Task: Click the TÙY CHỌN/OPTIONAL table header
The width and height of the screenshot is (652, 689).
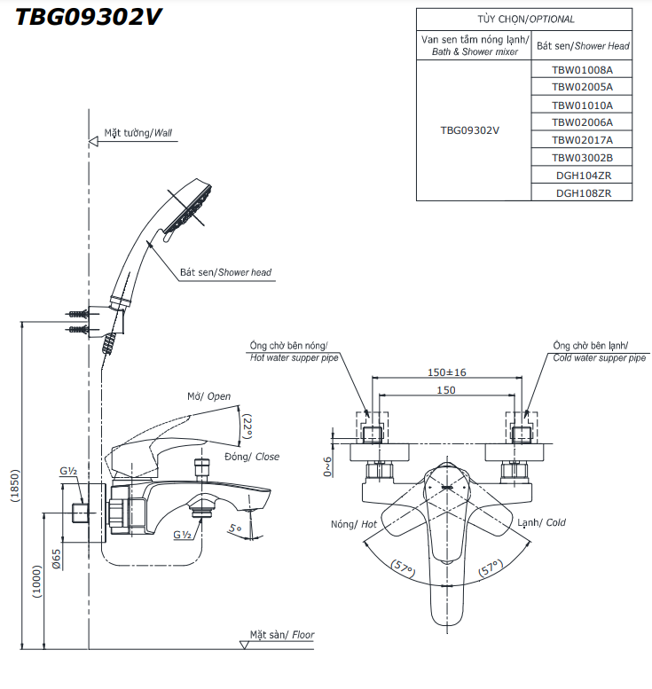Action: [x=524, y=19]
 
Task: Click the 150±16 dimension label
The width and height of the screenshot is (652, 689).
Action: [x=446, y=372]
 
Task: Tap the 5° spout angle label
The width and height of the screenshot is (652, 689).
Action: [x=234, y=528]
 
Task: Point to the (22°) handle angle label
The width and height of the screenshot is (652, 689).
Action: [x=247, y=427]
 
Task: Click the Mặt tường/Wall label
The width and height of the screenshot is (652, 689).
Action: [x=137, y=133]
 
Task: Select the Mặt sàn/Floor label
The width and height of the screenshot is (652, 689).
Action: [x=281, y=635]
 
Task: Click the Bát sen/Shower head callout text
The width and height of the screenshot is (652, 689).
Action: [x=225, y=272]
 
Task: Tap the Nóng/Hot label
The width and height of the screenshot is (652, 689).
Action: [x=354, y=524]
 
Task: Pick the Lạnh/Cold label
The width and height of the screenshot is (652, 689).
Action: [x=541, y=523]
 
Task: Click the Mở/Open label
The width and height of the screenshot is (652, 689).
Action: [x=208, y=397]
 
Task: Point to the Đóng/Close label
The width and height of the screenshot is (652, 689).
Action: [x=251, y=457]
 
